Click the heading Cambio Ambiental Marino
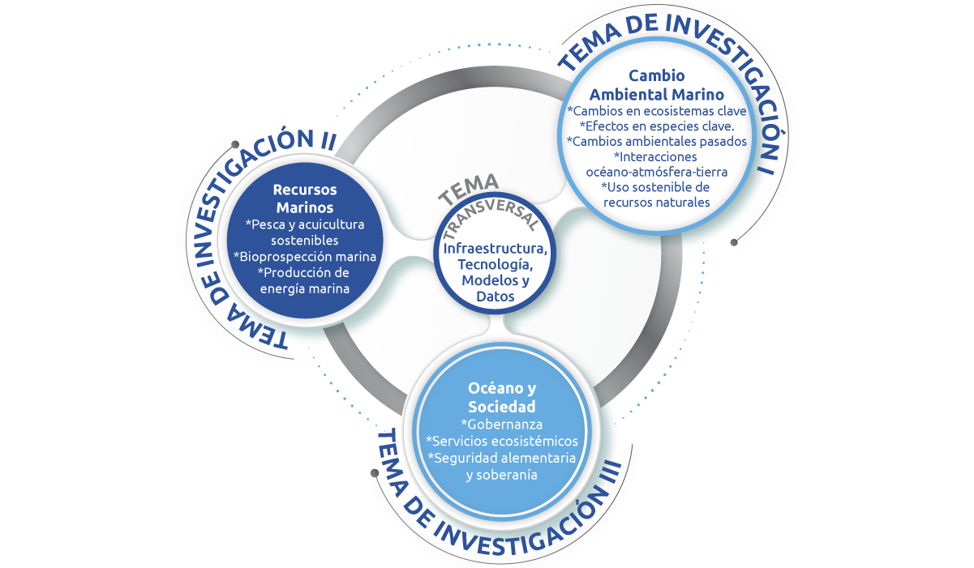(656, 85)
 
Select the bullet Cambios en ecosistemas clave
(656, 110)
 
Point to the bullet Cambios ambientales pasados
(656, 141)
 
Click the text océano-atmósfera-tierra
(656, 172)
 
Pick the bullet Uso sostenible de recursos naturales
(656, 194)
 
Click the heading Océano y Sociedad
(501, 397)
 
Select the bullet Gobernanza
(501, 424)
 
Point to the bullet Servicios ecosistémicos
(501, 441)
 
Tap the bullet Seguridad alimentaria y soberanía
(501, 466)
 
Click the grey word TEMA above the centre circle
(469, 190)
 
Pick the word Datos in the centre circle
(495, 297)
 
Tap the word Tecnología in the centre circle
(495, 264)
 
